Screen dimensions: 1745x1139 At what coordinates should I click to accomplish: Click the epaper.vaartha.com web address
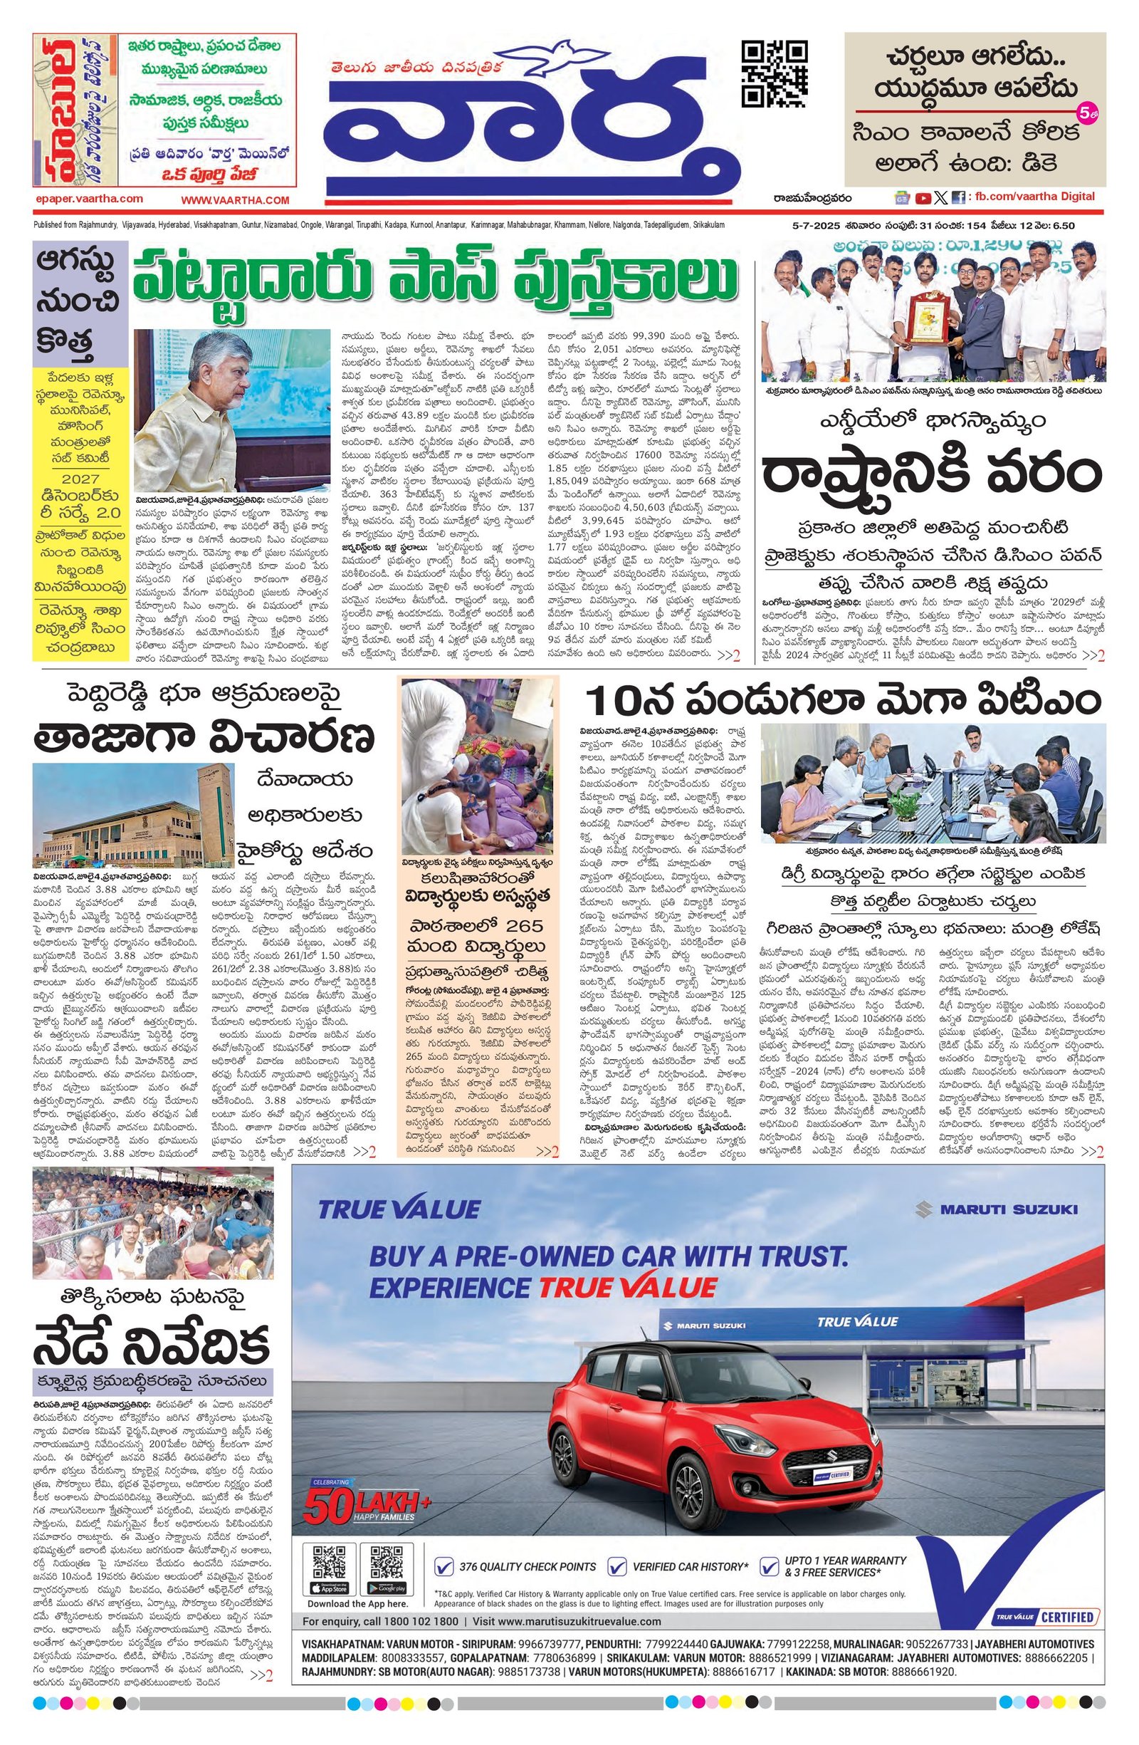point(89,199)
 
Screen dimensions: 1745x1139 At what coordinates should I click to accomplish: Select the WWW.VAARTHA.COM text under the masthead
point(236,200)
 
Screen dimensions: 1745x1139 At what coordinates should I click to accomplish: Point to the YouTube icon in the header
point(923,197)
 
